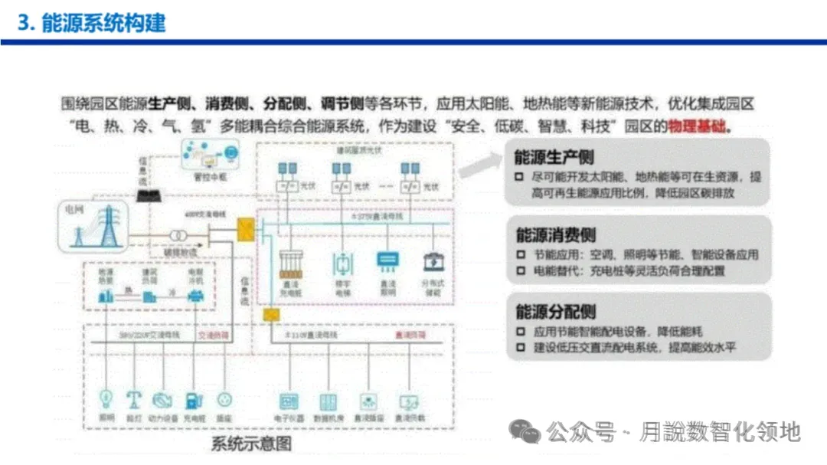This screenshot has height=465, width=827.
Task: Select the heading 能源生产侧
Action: click(555, 157)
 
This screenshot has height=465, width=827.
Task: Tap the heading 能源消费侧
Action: click(555, 234)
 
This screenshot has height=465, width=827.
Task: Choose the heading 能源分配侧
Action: click(555, 312)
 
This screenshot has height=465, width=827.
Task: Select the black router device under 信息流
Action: click(148, 196)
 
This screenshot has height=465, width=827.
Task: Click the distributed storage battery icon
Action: click(434, 263)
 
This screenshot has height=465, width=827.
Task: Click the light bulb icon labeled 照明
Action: click(106, 399)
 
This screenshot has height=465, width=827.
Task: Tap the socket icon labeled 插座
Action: click(224, 399)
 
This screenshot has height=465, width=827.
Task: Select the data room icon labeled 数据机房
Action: click(328, 401)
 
